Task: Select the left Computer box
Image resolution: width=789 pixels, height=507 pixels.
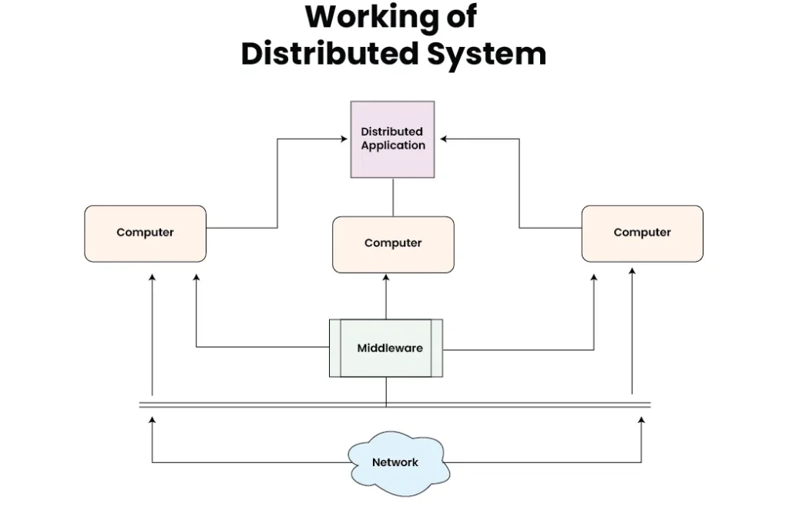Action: (x=145, y=233)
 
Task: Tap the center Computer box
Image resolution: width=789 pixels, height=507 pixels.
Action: (x=393, y=243)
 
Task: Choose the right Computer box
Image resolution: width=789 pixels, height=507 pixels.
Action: (x=642, y=233)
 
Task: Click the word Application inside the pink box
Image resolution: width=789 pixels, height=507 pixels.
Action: (x=393, y=145)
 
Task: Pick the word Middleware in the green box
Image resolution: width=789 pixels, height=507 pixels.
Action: (x=390, y=348)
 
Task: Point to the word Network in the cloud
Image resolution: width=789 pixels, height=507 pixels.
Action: (x=395, y=462)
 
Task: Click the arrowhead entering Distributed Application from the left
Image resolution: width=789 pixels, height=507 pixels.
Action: (x=345, y=139)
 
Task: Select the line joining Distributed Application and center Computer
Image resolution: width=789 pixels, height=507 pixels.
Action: (x=393, y=197)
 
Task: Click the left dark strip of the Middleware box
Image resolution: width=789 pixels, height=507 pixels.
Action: (x=335, y=348)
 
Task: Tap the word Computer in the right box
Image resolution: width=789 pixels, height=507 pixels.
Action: (x=642, y=233)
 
